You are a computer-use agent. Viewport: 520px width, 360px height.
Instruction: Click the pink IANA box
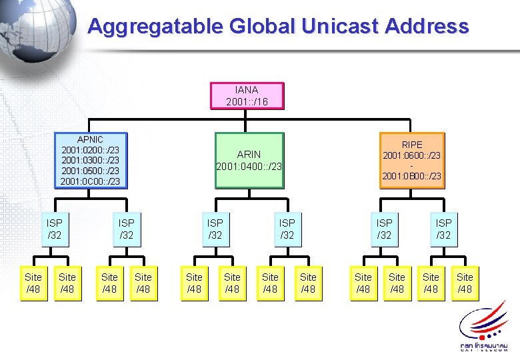247,95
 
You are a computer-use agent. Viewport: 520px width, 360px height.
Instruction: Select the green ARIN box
249,161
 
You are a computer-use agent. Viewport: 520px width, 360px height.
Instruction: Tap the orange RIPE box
411,160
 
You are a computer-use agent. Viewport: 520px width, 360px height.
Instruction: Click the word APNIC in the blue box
90,139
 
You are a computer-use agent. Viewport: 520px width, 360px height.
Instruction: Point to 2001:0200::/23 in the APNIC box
90,150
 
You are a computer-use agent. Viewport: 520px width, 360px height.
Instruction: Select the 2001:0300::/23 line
90,160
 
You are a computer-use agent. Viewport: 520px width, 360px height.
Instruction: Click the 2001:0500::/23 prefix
90,171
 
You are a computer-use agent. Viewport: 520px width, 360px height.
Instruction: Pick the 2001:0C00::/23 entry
90,181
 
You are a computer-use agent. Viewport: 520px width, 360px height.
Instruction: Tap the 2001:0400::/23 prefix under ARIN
249,167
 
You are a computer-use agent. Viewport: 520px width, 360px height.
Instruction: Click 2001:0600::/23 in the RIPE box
411,155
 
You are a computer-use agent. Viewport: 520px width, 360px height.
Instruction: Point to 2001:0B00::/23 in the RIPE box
411,176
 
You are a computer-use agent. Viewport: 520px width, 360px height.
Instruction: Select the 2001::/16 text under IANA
247,101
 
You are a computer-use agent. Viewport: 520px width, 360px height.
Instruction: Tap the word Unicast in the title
341,27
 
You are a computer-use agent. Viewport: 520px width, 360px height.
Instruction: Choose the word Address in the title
429,27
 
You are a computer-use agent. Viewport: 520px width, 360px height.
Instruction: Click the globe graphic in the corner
33,30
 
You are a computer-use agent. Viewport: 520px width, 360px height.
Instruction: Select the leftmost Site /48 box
33,283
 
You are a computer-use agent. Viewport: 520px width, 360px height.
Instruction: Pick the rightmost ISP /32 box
443,229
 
